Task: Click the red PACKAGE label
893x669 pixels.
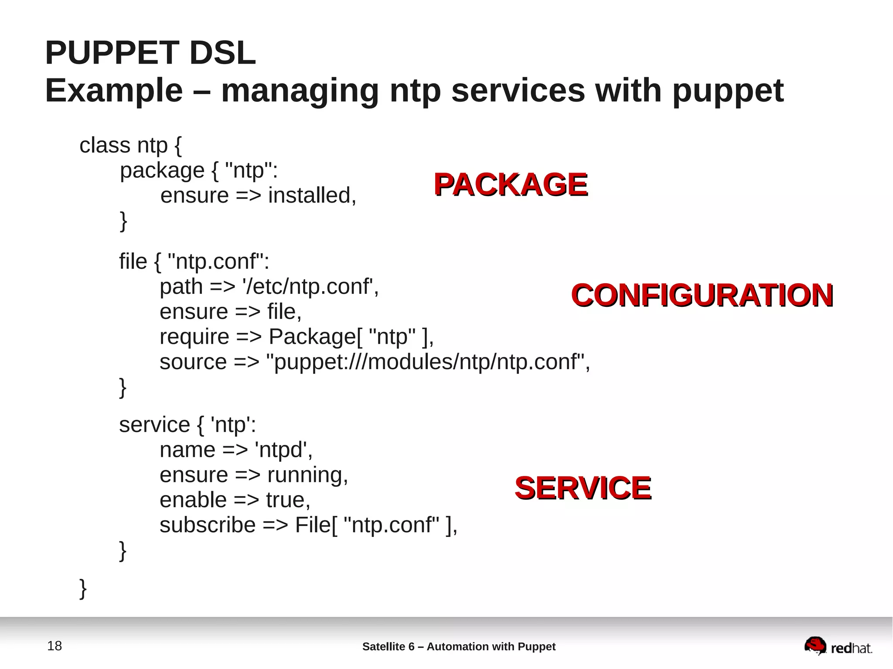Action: pyautogui.click(x=510, y=184)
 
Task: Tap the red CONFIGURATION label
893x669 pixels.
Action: pyautogui.click(x=702, y=295)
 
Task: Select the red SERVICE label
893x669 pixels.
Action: pyautogui.click(x=583, y=488)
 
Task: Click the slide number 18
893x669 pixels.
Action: pyautogui.click(x=55, y=646)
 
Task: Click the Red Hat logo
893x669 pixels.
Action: pyautogui.click(x=838, y=646)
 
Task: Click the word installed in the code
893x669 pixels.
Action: pyautogui.click(x=312, y=195)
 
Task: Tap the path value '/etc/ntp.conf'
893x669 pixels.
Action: pyautogui.click(x=310, y=286)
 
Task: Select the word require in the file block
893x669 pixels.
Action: pyautogui.click(x=194, y=336)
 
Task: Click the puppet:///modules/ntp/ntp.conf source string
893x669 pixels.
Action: pyautogui.click(x=428, y=362)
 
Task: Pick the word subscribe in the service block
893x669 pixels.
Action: pyautogui.click(x=208, y=525)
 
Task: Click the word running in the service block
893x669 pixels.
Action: pyautogui.click(x=307, y=475)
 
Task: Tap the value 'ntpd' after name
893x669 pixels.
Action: pyautogui.click(x=283, y=449)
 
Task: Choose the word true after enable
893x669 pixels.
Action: pyautogui.click(x=288, y=500)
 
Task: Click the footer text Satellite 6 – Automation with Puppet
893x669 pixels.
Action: pyautogui.click(x=459, y=646)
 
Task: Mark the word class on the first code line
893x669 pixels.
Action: pyautogui.click(x=105, y=145)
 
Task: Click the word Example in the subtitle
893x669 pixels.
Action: pyautogui.click(x=114, y=91)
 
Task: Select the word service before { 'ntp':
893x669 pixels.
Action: pyautogui.click(x=154, y=424)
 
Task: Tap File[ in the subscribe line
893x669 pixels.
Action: pyautogui.click(x=316, y=525)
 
